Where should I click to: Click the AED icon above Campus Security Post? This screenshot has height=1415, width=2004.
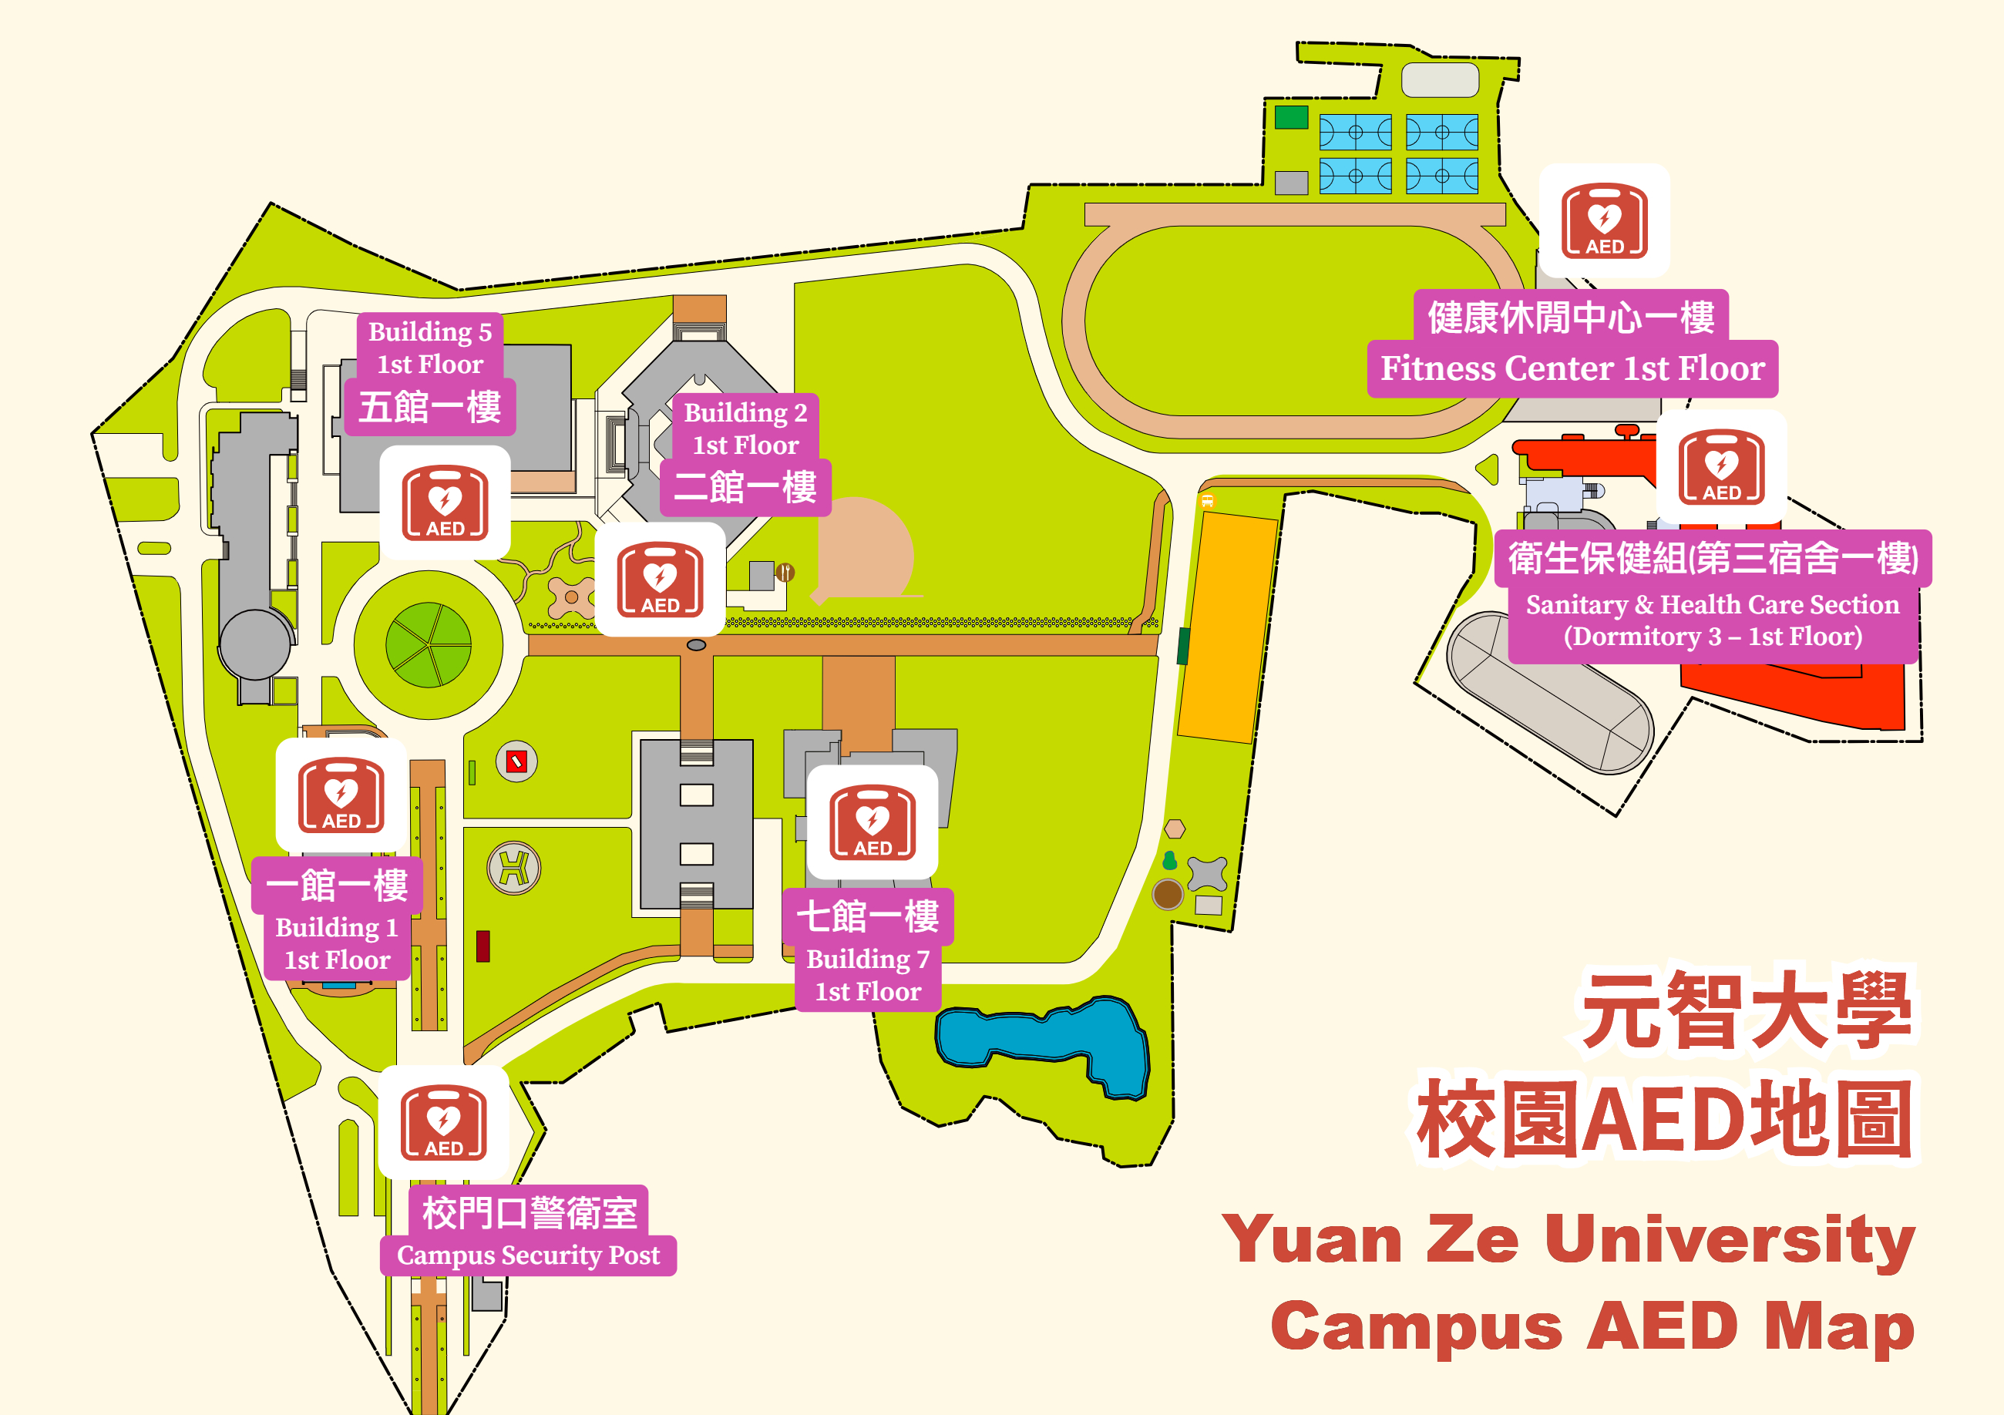coord(443,1123)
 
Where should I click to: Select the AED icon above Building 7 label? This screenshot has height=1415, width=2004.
coord(872,822)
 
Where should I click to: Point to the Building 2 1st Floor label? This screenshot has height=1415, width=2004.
coord(745,429)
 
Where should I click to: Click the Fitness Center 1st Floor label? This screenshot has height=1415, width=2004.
coord(1572,368)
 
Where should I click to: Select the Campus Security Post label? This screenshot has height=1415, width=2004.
coord(528,1255)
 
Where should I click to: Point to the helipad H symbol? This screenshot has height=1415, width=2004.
coord(513,869)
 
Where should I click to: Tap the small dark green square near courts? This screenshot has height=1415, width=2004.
coord(1291,117)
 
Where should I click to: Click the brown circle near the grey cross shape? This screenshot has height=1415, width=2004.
coord(1167,894)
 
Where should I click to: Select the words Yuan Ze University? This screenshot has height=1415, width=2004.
coord(1568,1239)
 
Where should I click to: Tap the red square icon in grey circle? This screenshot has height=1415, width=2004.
coord(516,762)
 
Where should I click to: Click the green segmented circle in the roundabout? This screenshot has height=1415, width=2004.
coord(429,645)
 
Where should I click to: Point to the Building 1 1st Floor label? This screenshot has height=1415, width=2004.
coord(337,943)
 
